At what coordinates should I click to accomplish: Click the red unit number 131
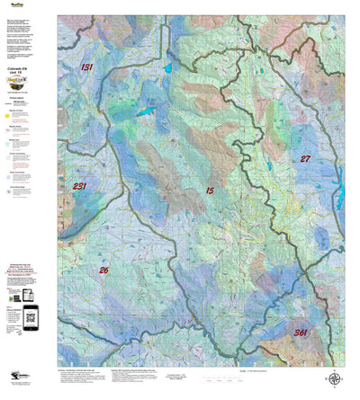click(x=86, y=67)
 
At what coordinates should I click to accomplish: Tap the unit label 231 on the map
click(x=80, y=187)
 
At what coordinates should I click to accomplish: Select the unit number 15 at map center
click(x=210, y=191)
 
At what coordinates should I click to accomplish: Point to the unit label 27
click(x=305, y=158)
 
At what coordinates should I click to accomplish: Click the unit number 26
click(x=103, y=270)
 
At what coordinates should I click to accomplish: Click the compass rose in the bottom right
click(x=334, y=379)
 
